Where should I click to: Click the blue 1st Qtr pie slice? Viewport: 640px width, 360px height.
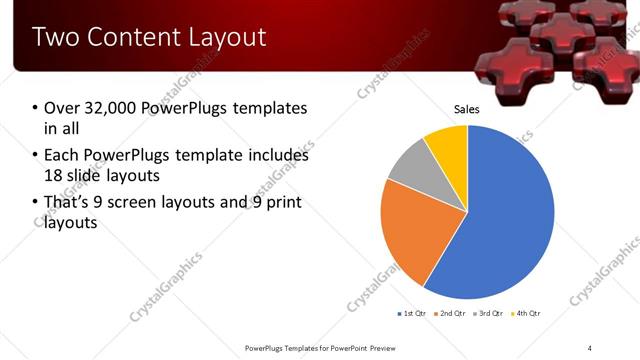click(x=500, y=220)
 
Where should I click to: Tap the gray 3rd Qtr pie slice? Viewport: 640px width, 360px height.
click(x=409, y=171)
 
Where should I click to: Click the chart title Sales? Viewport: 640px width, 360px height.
click(x=467, y=108)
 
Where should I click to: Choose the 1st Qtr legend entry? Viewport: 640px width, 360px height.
click(x=413, y=314)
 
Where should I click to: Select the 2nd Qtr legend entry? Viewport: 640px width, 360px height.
click(x=451, y=314)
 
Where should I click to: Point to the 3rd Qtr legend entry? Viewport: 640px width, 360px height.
click(x=489, y=314)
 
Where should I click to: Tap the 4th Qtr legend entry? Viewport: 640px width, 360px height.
click(x=526, y=314)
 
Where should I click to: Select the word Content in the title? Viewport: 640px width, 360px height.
click(x=130, y=38)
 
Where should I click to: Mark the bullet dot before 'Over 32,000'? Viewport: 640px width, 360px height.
click(x=35, y=108)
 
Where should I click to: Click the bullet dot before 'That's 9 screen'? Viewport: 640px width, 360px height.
click(x=35, y=204)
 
